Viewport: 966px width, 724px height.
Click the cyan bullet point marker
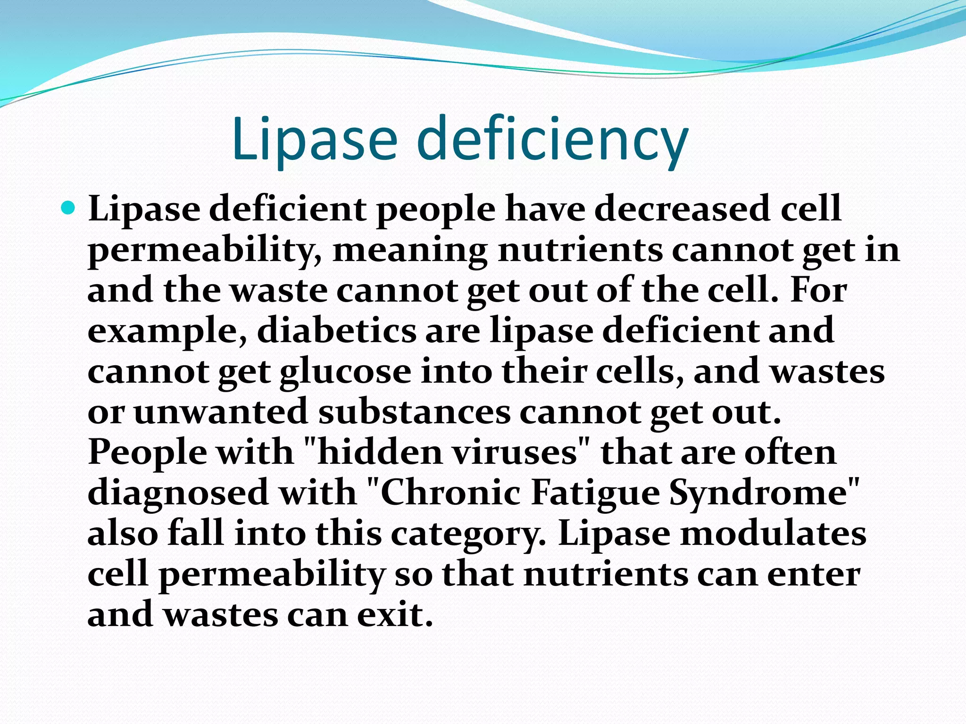(x=68, y=207)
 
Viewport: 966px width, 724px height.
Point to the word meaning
(x=410, y=250)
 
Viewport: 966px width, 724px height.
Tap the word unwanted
(x=221, y=411)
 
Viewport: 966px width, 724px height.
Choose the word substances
(x=414, y=411)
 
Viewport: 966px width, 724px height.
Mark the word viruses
(x=515, y=452)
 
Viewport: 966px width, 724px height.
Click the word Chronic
(x=450, y=493)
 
